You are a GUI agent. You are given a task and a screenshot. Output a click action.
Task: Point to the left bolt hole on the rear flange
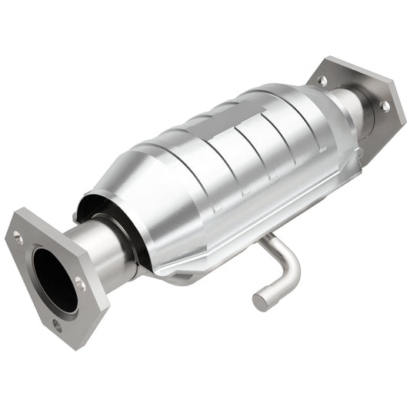coord(322,80)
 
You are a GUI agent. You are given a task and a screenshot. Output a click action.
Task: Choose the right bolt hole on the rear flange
coord(383,106)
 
